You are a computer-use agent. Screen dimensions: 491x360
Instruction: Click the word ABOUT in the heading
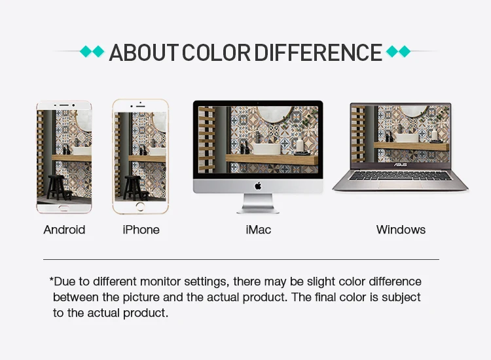(144, 52)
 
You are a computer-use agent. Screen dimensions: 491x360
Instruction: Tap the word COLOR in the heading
(216, 52)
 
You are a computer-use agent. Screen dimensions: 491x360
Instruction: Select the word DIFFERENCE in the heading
(318, 52)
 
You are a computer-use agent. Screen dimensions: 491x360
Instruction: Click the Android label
(64, 230)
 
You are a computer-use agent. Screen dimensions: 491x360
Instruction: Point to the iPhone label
(141, 230)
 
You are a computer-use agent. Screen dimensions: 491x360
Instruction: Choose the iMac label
(259, 230)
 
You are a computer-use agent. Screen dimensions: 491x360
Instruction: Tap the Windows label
(401, 230)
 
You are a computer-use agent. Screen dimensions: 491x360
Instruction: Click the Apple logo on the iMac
(258, 187)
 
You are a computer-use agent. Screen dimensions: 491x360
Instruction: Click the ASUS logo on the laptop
(400, 165)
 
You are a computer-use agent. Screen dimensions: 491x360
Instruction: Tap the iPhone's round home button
(140, 207)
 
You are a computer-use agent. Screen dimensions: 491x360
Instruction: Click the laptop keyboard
(400, 175)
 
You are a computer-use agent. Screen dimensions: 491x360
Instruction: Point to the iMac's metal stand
(258, 204)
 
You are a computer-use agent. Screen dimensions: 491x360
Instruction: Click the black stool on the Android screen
(58, 187)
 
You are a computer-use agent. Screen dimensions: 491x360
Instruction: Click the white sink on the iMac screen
(267, 149)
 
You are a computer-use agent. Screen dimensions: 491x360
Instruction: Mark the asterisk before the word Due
(51, 279)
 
